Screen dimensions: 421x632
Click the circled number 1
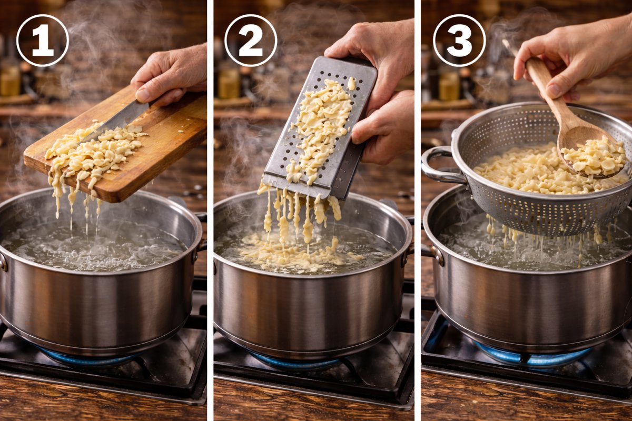point(42,41)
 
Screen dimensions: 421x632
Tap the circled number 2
point(251,41)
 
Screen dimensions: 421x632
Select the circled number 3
point(459,41)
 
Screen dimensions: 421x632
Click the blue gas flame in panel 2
point(295,363)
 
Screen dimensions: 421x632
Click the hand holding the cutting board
point(171,76)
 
